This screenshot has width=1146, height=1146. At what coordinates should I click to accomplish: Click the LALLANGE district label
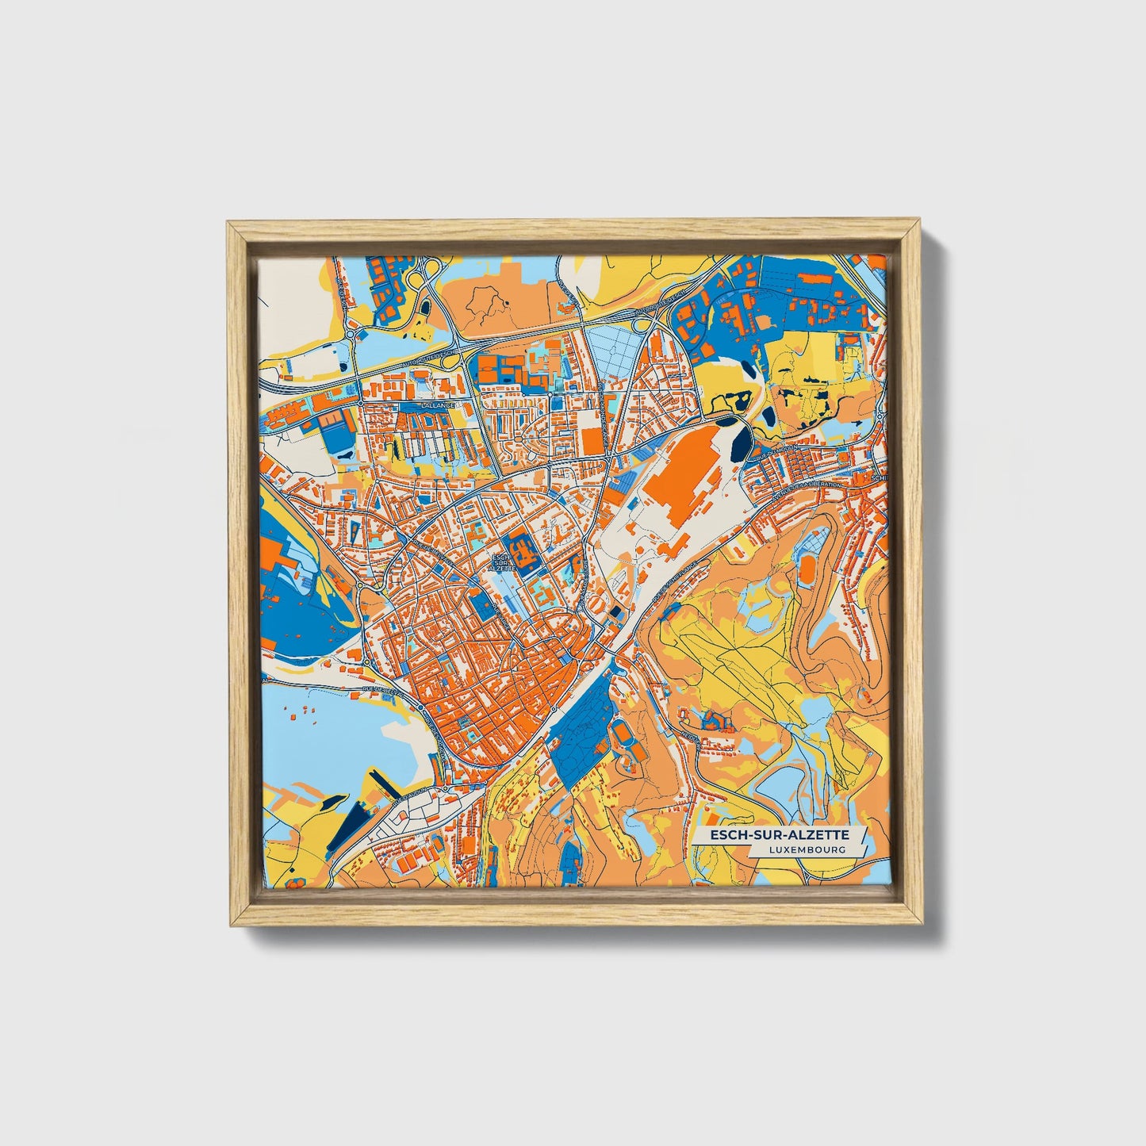point(439,404)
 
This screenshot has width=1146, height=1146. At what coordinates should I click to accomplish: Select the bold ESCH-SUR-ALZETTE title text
point(780,835)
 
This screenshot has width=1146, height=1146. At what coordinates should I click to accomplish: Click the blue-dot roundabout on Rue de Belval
point(367,663)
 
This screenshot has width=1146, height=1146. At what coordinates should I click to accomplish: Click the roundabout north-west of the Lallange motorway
point(350,334)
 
